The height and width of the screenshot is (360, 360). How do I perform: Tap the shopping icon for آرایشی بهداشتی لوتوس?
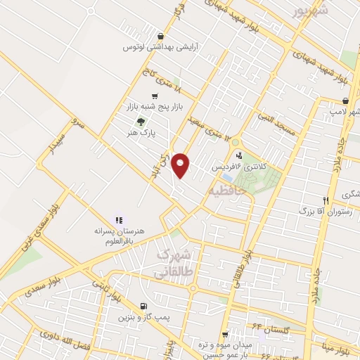coord(161,37)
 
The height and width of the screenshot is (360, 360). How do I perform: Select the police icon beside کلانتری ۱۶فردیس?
coord(240,155)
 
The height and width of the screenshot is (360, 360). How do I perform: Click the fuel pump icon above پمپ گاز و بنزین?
coord(143,306)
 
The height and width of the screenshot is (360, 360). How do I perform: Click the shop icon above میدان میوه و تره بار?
coord(225,335)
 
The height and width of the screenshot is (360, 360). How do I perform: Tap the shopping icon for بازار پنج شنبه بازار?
coord(155,96)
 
